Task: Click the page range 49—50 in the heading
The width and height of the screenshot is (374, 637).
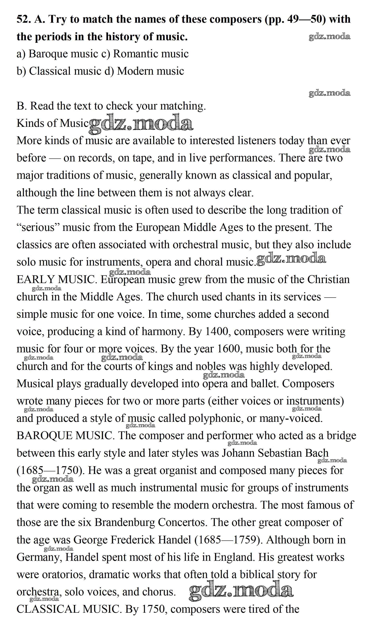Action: pyautogui.click(x=306, y=19)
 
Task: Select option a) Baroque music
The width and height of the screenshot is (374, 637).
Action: pyautogui.click(x=57, y=54)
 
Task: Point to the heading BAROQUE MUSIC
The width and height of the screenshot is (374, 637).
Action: pyautogui.click(x=64, y=436)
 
